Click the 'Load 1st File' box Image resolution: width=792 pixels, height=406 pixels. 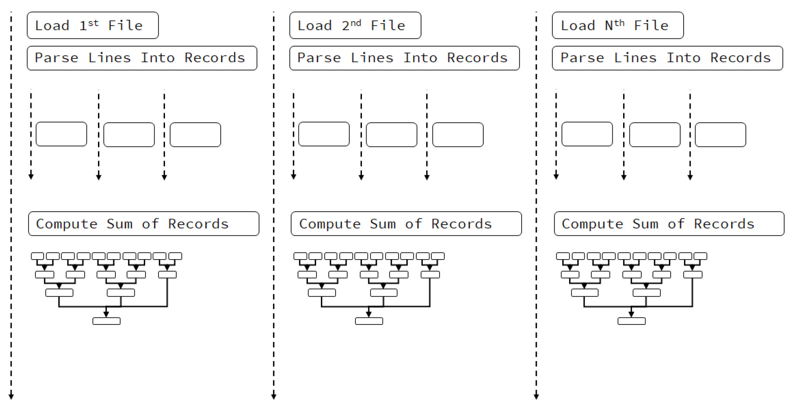93,25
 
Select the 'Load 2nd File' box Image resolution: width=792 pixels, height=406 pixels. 355,25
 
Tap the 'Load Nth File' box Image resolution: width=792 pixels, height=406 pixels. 618,25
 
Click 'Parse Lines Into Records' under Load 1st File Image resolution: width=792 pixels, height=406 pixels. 142,58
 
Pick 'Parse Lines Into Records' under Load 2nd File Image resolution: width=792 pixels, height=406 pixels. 405,58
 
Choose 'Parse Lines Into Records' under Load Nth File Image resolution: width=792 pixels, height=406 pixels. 668,58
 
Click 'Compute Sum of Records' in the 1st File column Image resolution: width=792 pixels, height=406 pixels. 144,224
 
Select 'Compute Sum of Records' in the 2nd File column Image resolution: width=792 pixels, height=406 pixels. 406,224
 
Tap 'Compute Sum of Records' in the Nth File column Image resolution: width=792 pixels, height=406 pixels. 669,224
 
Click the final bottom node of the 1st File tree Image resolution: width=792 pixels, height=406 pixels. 107,321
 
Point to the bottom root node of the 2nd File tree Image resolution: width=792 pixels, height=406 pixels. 369,321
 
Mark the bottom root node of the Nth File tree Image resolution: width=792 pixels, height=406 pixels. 632,321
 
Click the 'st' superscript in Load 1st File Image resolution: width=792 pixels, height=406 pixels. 93,23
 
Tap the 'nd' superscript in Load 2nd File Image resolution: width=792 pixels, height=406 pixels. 355,23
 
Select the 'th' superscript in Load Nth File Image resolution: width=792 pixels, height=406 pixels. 619,23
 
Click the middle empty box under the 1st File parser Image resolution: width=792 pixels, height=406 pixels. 129,135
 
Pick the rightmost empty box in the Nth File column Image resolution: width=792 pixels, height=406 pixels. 721,135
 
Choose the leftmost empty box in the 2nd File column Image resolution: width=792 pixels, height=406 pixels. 324,134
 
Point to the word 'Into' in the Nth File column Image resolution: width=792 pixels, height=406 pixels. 684,57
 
